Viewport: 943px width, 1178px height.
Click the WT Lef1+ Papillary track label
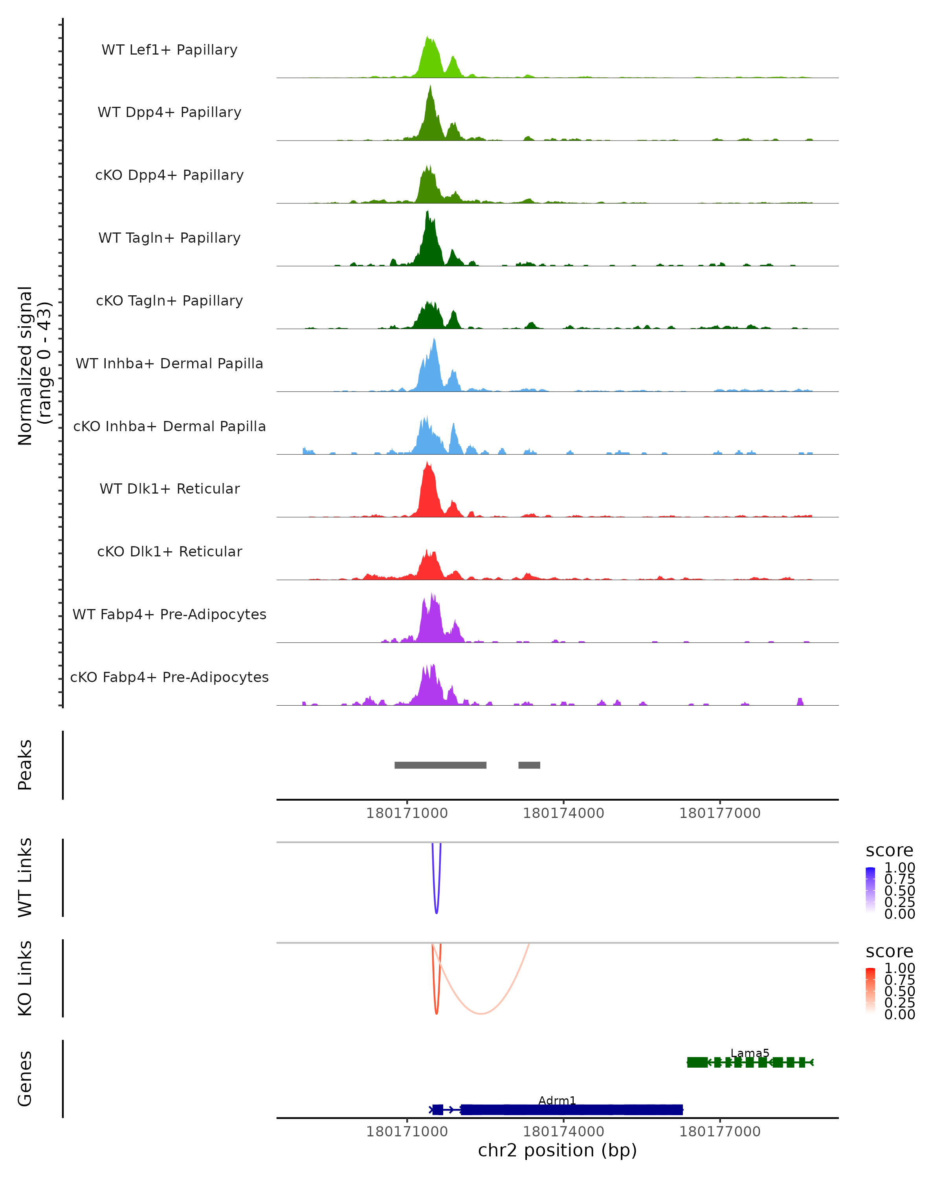[169, 50]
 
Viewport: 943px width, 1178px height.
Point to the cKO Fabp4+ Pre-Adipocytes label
[169, 677]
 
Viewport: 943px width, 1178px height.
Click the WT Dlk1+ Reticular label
[169, 488]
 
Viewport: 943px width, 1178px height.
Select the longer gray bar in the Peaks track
[440, 765]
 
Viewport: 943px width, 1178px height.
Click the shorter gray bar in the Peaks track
[529, 765]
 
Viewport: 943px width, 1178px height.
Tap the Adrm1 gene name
[557, 1100]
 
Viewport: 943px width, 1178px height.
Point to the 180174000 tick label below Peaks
[563, 813]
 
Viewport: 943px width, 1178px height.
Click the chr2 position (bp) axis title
[557, 1151]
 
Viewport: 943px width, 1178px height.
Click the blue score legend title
[889, 851]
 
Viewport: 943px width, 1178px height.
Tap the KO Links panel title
[25, 978]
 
